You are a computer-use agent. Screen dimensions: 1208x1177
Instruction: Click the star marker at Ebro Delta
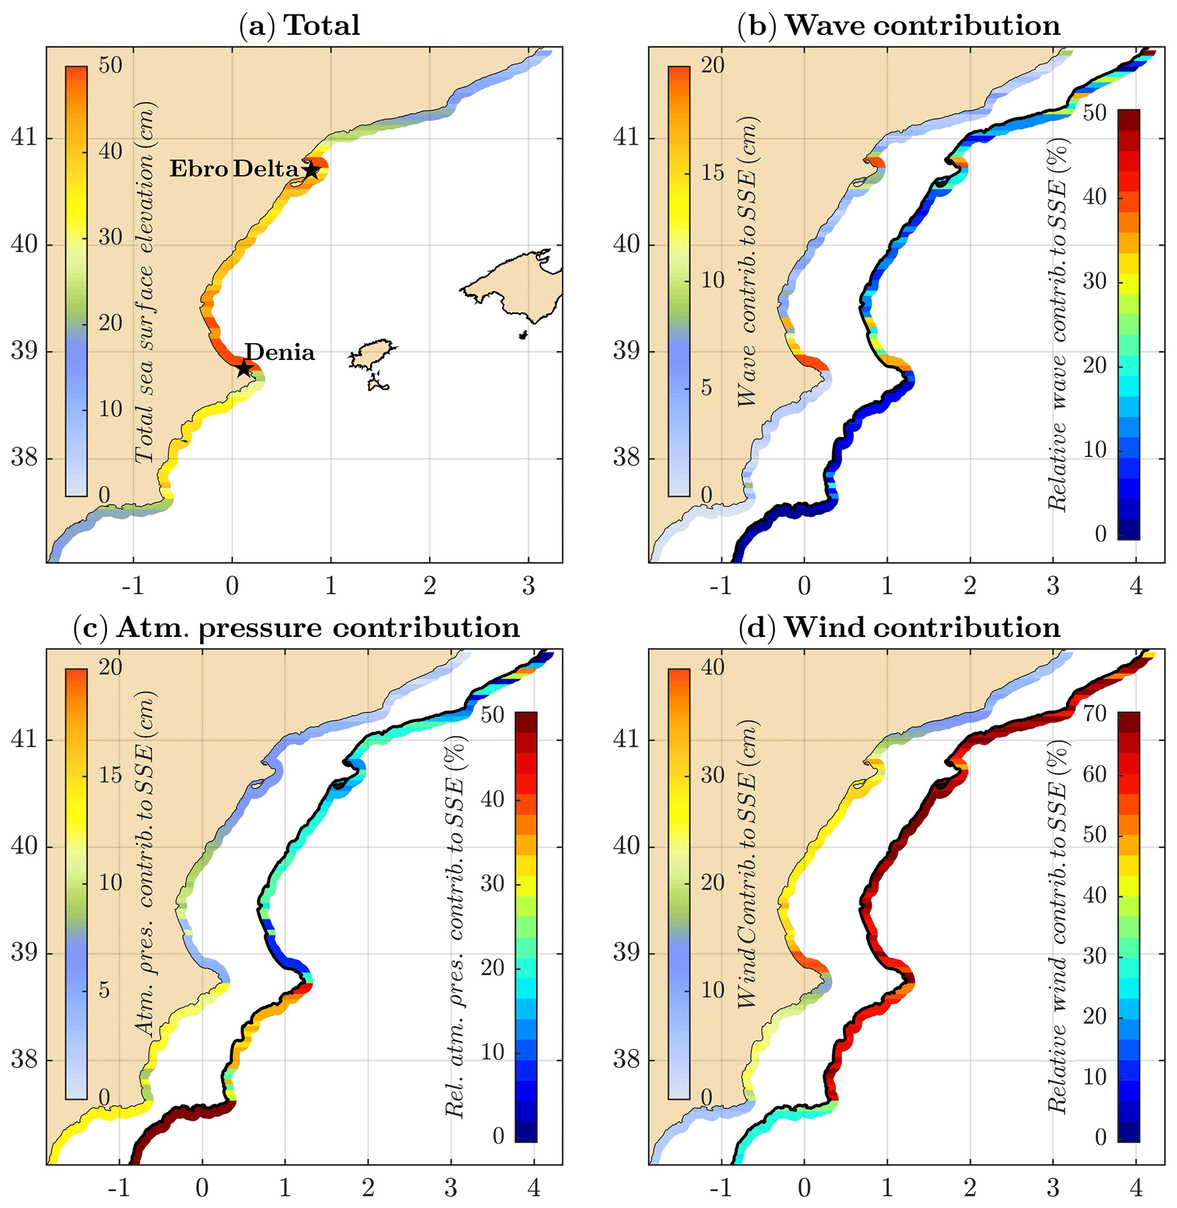tap(311, 169)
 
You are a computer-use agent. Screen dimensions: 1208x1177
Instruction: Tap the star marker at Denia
tap(244, 368)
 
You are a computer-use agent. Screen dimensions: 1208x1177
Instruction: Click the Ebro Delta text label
tap(234, 169)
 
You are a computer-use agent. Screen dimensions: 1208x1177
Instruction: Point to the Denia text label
tap(280, 352)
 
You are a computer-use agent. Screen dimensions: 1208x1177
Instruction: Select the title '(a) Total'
tap(299, 26)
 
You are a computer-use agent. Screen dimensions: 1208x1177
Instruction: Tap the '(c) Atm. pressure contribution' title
tap(297, 628)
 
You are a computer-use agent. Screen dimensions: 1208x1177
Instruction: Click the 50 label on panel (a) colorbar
tap(110, 65)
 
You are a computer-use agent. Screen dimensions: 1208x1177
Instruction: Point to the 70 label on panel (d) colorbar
tap(1095, 714)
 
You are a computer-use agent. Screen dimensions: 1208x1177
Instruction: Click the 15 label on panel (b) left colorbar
tap(713, 172)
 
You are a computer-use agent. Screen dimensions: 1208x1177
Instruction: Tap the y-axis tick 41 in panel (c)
tap(24, 739)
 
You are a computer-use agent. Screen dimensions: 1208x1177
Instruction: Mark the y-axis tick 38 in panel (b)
tap(626, 458)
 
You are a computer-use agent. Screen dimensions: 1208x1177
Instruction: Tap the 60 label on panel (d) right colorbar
tap(1095, 774)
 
